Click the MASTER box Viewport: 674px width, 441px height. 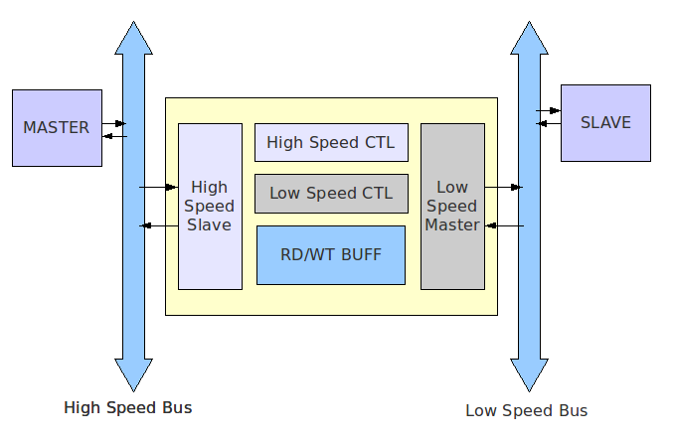[57, 127]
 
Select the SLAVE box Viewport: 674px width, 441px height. [605, 122]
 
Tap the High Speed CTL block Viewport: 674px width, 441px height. [330, 142]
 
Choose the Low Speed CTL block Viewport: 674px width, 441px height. [330, 193]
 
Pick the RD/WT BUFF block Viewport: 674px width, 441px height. [330, 254]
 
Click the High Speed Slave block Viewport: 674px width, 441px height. [210, 206]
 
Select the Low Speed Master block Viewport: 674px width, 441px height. [452, 206]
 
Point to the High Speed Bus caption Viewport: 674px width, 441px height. [127, 407]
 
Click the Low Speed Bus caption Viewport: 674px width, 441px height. [526, 410]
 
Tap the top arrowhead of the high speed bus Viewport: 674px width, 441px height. [133, 36]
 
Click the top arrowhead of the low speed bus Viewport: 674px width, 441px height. [530, 36]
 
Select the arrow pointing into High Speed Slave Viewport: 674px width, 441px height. [158, 187]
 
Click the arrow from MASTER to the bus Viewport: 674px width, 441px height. [114, 122]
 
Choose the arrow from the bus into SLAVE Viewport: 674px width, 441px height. [549, 110]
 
